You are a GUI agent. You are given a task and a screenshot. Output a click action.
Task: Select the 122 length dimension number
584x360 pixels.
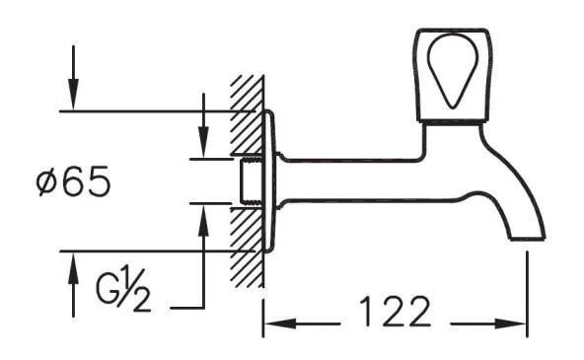coord(394,314)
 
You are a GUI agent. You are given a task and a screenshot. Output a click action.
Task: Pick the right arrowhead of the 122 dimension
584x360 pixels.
coord(518,323)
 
